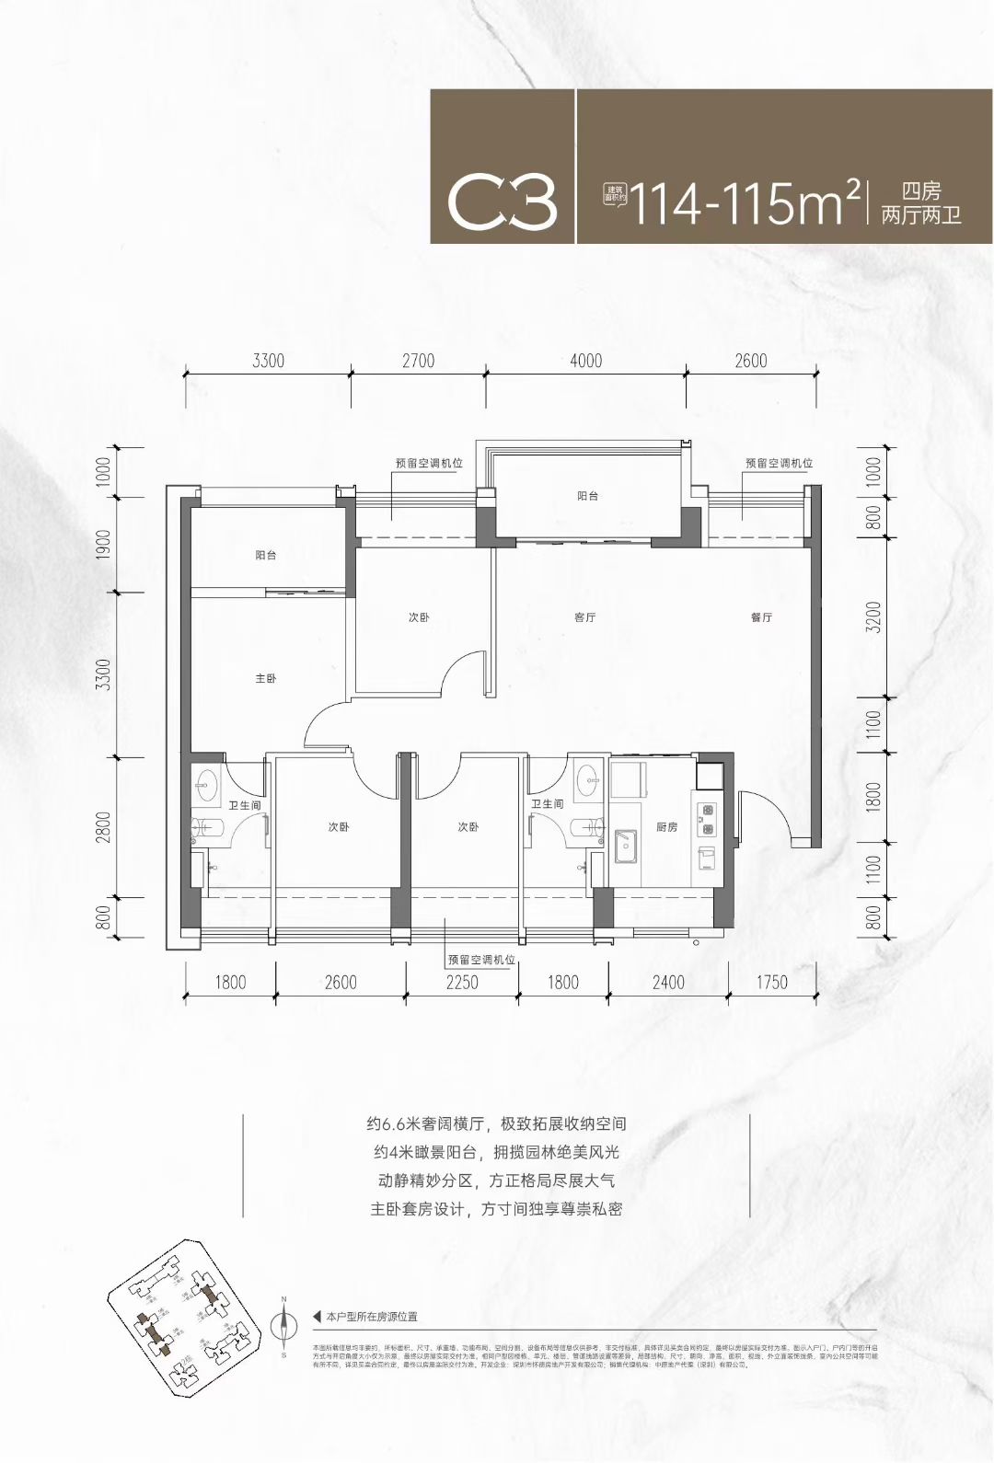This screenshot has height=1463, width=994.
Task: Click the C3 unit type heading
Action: (503, 204)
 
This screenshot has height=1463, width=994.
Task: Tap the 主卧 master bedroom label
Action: (266, 678)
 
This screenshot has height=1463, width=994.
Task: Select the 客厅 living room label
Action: (584, 617)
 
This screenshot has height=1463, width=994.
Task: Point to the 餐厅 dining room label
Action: (760, 617)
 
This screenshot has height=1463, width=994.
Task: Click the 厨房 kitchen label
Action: (667, 827)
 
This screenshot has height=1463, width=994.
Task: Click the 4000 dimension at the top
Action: (585, 361)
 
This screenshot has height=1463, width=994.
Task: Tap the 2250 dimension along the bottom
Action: (462, 983)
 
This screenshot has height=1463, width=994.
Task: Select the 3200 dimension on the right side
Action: (873, 617)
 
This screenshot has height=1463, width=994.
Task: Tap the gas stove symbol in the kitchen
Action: (708, 813)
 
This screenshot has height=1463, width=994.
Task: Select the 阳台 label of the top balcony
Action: (587, 496)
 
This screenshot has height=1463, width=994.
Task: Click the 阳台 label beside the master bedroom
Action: (266, 556)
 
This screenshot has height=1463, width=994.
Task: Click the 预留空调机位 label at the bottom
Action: (480, 959)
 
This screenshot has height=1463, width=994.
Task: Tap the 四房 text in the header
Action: (920, 192)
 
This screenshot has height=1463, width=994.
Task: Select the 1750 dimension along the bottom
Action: (771, 983)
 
